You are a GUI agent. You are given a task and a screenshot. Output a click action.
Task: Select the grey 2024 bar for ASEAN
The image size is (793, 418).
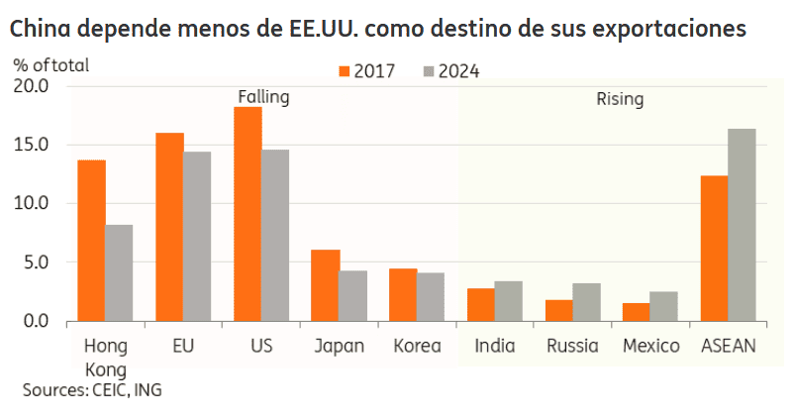click(x=742, y=225)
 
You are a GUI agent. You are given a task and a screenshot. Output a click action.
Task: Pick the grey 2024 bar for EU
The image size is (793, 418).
click(x=197, y=237)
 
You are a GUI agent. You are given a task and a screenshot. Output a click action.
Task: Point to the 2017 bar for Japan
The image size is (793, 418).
click(x=326, y=285)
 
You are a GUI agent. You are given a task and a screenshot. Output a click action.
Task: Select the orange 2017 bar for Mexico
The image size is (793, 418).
click(x=636, y=312)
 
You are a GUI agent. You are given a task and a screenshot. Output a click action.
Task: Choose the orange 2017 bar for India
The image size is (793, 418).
click(x=480, y=305)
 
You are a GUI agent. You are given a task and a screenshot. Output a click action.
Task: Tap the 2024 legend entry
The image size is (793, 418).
click(x=452, y=71)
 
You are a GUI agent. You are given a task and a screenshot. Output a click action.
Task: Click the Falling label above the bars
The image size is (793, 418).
click(x=262, y=97)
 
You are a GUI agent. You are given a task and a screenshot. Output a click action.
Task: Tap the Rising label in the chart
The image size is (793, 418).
click(x=619, y=99)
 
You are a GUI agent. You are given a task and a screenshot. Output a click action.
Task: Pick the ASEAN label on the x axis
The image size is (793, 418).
click(x=728, y=346)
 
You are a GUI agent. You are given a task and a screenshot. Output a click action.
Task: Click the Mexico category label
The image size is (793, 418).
click(x=650, y=346)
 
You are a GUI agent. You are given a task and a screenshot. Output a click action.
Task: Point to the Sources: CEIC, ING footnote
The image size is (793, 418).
click(x=92, y=389)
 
